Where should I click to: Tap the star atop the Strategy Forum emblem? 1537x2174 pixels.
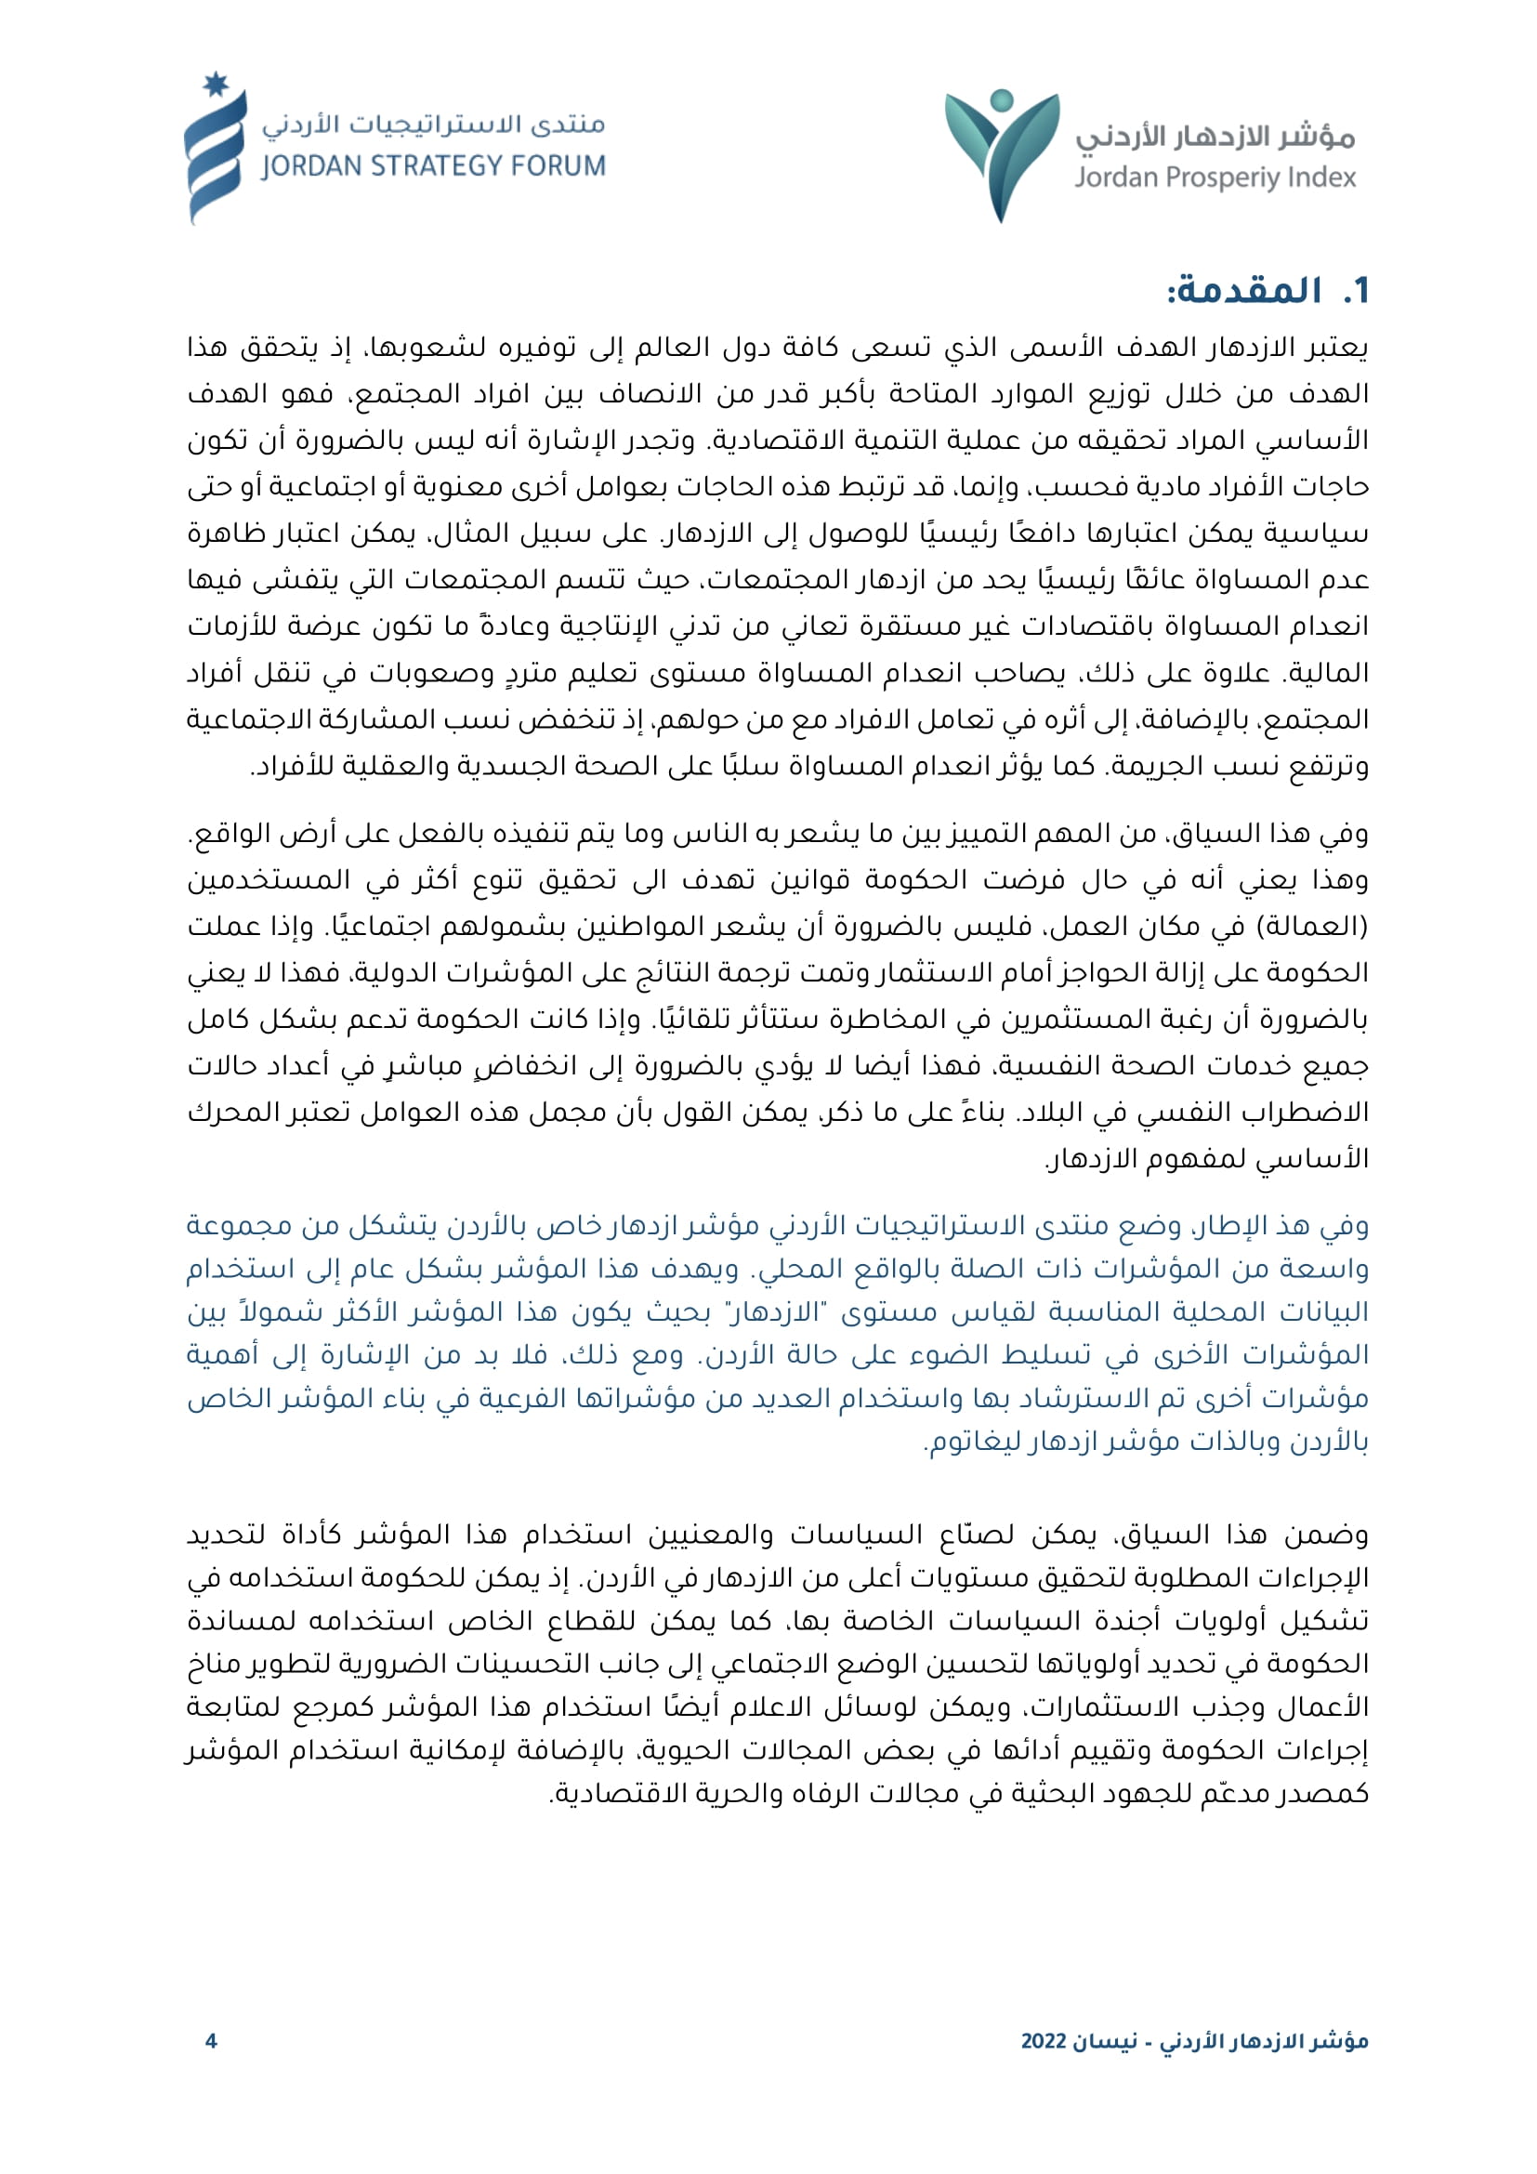pyautogui.click(x=216, y=85)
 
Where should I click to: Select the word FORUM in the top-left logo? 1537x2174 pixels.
pyautogui.click(x=558, y=166)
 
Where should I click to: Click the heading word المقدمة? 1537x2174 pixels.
pyautogui.click(x=1244, y=291)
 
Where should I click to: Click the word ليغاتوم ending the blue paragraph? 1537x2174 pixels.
pyautogui.click(x=966, y=1443)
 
